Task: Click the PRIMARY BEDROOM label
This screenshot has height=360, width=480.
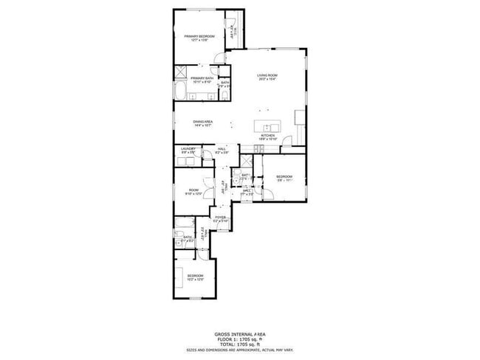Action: [x=199, y=35]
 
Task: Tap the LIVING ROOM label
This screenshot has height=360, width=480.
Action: [x=267, y=75]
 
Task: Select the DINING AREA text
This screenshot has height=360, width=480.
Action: [x=203, y=122]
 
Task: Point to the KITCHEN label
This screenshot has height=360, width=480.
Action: [x=267, y=136]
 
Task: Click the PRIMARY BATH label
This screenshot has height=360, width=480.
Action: [x=202, y=78]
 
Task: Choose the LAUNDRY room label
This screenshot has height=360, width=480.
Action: [x=188, y=149]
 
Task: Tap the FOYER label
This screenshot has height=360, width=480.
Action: [x=220, y=217]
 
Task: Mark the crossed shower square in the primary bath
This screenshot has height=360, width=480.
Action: [x=181, y=72]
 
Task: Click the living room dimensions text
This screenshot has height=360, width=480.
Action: [x=267, y=79]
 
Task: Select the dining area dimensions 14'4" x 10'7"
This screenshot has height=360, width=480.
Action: [x=203, y=125]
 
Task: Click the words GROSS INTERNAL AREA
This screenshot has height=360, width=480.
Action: [x=239, y=333]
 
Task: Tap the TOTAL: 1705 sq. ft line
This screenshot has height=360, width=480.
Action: [x=239, y=344]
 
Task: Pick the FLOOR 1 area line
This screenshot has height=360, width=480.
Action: [x=239, y=339]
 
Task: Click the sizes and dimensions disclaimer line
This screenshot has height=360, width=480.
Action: [x=239, y=349]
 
